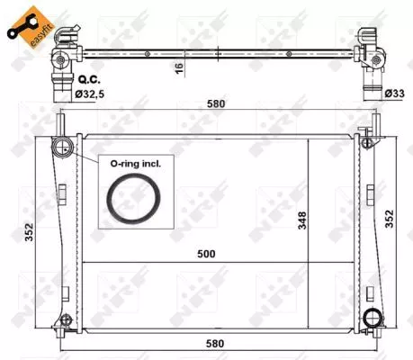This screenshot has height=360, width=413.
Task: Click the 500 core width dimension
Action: (x=209, y=254)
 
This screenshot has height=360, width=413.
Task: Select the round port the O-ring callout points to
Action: (x=64, y=149)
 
